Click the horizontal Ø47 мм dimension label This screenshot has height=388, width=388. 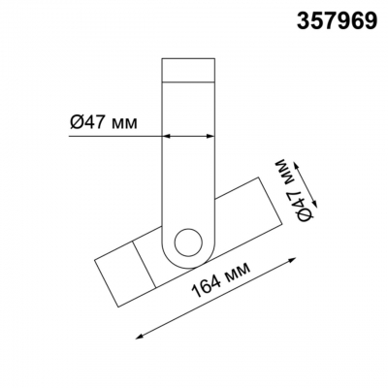click(104, 122)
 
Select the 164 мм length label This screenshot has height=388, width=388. click(221, 279)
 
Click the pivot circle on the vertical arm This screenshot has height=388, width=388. click(188, 243)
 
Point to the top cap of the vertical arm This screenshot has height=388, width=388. click(188, 70)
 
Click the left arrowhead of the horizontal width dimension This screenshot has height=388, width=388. click(166, 137)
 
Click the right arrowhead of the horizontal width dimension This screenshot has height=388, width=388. click(210, 137)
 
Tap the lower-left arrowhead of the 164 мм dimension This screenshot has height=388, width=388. click(140, 336)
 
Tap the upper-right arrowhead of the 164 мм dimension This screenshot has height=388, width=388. click(292, 261)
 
